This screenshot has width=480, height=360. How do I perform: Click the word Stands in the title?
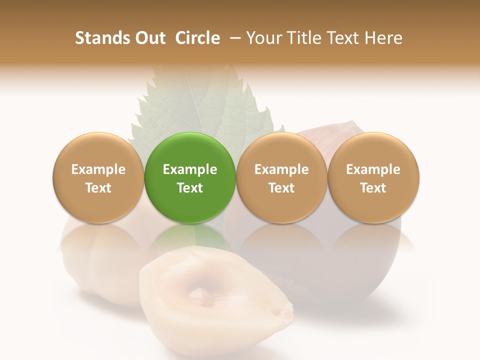(102, 38)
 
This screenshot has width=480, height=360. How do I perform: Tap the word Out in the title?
(150, 38)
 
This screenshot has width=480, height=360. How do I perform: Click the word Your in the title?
(263, 38)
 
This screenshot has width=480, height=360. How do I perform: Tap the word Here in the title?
(384, 38)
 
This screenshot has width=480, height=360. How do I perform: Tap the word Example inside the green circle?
(190, 169)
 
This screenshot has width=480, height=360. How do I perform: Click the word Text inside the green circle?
(190, 188)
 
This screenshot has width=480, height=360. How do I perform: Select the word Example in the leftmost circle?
(98, 169)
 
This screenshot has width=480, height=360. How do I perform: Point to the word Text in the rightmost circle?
(373, 188)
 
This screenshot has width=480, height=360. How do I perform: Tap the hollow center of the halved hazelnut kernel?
(200, 295)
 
